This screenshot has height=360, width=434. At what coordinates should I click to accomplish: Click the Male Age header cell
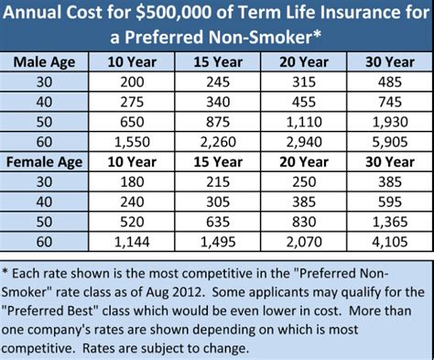pyautogui.click(x=47, y=62)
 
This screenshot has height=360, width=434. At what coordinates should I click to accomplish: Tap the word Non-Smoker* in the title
pyautogui.click(x=273, y=38)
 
